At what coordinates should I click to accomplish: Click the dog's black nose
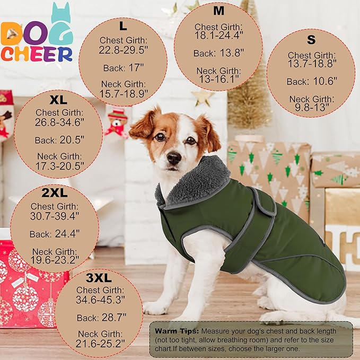pos(173,157)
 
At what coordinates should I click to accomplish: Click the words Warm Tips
pos(174,331)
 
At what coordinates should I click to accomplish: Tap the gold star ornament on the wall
pos(203,96)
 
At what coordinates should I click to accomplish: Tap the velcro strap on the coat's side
pos(265,207)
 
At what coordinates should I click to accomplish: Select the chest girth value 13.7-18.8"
pos(312,64)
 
